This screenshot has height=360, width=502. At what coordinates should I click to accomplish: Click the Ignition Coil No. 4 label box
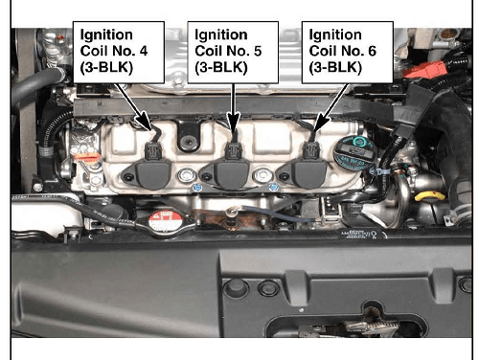point(119,52)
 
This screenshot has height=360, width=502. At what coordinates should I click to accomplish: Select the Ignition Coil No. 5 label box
point(233,52)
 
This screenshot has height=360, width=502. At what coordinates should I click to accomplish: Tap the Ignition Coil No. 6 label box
point(348,52)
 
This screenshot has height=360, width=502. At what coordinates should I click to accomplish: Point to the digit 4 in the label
point(144,51)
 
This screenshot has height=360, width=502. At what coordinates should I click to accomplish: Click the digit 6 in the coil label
point(372,51)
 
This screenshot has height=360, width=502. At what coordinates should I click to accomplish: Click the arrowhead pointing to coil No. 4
point(144,122)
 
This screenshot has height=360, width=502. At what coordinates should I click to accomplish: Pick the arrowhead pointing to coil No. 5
point(234,123)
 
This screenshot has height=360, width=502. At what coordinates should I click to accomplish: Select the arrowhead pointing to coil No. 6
point(321,124)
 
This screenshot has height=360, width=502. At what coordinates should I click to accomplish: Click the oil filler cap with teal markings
point(355,153)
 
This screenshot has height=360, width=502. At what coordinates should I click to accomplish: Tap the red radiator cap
point(166,221)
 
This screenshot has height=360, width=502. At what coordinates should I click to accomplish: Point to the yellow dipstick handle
point(430,196)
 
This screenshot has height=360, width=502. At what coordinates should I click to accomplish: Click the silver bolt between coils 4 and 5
point(187,175)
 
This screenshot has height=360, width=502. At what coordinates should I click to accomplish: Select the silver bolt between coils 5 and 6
point(262,175)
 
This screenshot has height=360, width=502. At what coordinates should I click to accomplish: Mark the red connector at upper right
point(424,70)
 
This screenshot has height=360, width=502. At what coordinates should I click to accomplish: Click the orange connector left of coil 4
point(87,158)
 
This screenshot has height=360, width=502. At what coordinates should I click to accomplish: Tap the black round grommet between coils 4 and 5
point(188,142)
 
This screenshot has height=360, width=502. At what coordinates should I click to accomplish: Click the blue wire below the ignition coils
point(278,214)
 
